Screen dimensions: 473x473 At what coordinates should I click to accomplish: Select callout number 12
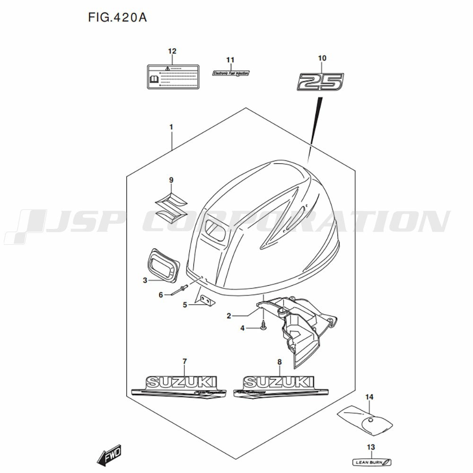tap(172, 51)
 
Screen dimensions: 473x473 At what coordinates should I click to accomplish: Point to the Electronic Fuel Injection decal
tap(230, 73)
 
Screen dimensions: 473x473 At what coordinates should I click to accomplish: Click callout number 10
tap(322, 58)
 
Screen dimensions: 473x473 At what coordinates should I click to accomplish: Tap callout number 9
tap(171, 180)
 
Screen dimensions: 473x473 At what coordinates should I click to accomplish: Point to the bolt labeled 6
tap(179, 290)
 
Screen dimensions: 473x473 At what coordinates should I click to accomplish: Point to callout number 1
tap(171, 127)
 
